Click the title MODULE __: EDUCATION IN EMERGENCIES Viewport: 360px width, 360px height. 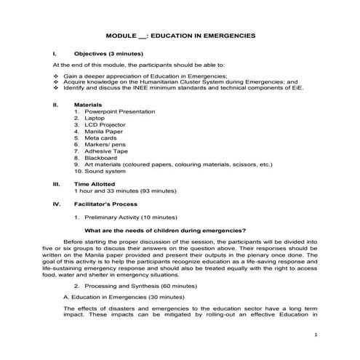tap(180, 35)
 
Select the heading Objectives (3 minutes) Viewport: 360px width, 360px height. tap(108, 55)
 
